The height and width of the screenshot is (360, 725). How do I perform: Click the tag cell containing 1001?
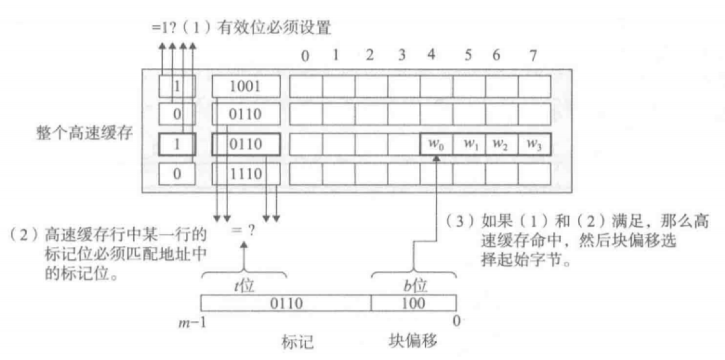[x=246, y=86]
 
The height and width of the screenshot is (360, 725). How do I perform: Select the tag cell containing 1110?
[x=246, y=175]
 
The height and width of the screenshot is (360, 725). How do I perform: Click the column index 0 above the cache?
[x=305, y=56]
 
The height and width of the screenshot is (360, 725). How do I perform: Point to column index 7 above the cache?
[x=533, y=55]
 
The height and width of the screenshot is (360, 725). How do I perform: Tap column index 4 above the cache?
[x=432, y=55]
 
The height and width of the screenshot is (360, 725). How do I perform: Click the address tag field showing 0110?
[x=286, y=303]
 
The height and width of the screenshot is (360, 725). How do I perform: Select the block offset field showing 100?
[x=413, y=303]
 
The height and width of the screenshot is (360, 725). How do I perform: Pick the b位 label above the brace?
[x=414, y=285]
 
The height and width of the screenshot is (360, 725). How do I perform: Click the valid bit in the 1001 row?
[x=176, y=86]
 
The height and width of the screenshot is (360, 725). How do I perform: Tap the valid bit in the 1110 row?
[x=176, y=175]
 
